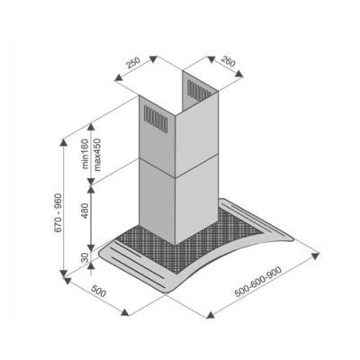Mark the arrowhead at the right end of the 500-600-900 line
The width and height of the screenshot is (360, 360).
tap(324, 255)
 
